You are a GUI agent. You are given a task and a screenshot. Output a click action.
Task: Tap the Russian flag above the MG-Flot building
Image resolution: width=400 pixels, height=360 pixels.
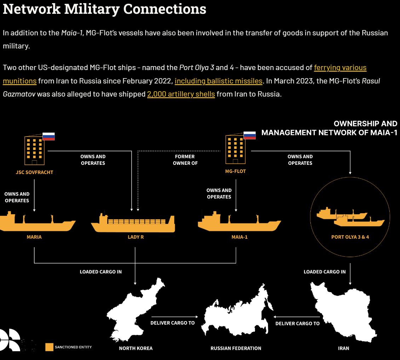tap(250, 135)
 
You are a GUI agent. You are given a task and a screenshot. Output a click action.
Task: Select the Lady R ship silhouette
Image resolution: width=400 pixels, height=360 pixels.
tap(133, 223)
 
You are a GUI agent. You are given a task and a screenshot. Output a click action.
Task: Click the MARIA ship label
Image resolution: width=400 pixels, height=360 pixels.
tap(34, 237)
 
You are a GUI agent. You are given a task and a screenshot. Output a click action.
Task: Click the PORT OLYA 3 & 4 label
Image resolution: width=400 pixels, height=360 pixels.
tap(350, 237)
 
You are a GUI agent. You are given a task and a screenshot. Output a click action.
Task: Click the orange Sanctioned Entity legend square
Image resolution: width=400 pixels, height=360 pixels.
tap(49, 347)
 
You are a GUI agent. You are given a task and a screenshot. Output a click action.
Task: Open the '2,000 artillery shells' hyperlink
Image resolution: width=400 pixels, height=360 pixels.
tap(181, 94)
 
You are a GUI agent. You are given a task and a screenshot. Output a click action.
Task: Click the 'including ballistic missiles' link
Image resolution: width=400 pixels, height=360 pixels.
tap(219, 81)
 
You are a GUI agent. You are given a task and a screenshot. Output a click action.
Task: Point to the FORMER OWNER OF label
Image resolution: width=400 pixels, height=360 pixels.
tap(185, 160)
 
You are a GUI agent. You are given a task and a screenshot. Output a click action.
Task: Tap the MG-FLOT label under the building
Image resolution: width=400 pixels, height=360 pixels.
tap(235, 171)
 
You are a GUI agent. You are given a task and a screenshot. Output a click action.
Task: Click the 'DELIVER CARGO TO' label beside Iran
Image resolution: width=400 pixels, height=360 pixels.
tap(297, 323)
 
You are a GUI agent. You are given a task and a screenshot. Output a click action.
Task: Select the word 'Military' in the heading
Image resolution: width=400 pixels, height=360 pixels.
tap(92, 9)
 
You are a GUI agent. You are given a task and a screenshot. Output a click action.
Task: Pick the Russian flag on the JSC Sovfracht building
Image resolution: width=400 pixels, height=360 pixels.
tap(48, 136)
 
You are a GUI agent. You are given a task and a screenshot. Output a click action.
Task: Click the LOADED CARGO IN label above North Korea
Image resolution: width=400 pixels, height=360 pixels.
tap(101, 272)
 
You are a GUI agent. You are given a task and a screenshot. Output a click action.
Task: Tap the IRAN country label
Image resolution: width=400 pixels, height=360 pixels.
tap(343, 348)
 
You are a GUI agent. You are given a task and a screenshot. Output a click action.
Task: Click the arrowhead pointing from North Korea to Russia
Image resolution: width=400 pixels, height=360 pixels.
tap(197, 317)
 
